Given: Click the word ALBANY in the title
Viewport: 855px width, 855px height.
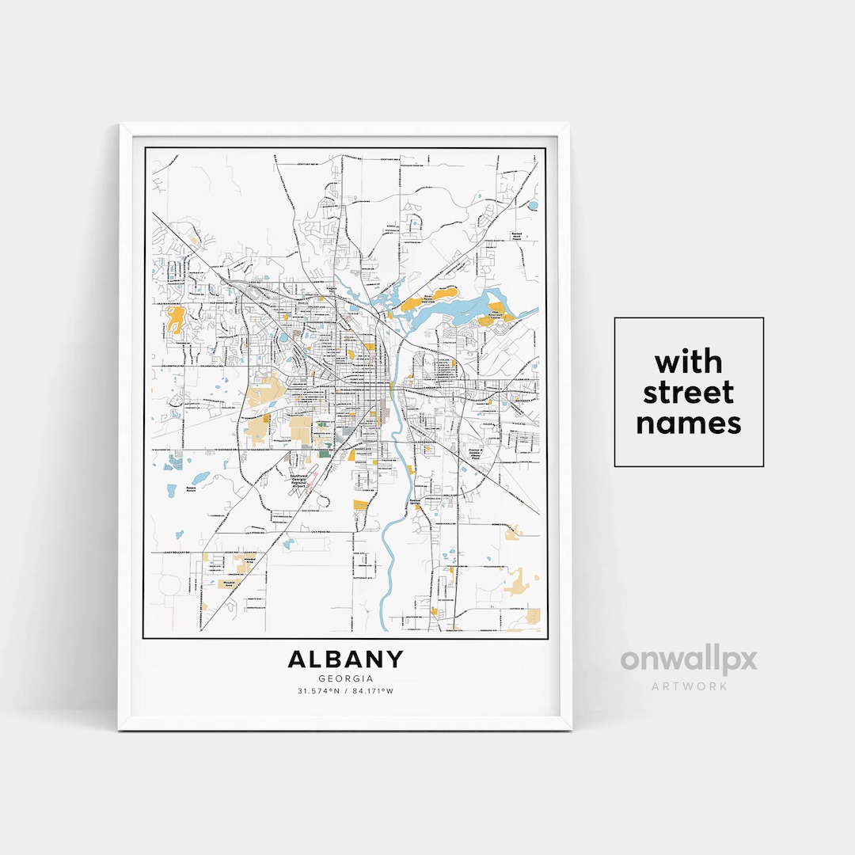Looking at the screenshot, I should pyautogui.click(x=345, y=659).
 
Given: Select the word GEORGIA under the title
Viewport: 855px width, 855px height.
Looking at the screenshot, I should pyautogui.click(x=345, y=678).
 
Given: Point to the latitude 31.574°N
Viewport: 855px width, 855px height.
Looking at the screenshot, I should pyautogui.click(x=318, y=691).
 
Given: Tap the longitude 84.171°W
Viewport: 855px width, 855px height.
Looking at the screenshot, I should pyautogui.click(x=373, y=691).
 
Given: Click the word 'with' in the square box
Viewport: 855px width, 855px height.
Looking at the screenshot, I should pyautogui.click(x=689, y=363).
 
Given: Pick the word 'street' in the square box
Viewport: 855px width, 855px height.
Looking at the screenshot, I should pyautogui.click(x=689, y=393).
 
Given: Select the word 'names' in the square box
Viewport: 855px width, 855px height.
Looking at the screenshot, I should pyautogui.click(x=689, y=423).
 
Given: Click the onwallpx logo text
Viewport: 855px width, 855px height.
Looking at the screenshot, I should pyautogui.click(x=689, y=659).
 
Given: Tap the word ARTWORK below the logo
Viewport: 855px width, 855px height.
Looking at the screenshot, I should pyautogui.click(x=689, y=686).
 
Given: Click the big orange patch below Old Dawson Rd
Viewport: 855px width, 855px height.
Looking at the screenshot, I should pyautogui.click(x=176, y=318).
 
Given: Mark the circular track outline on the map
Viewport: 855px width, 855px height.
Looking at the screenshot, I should pyautogui.click(x=169, y=587).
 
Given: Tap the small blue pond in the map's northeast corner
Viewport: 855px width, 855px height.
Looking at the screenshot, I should pyautogui.click(x=532, y=205).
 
